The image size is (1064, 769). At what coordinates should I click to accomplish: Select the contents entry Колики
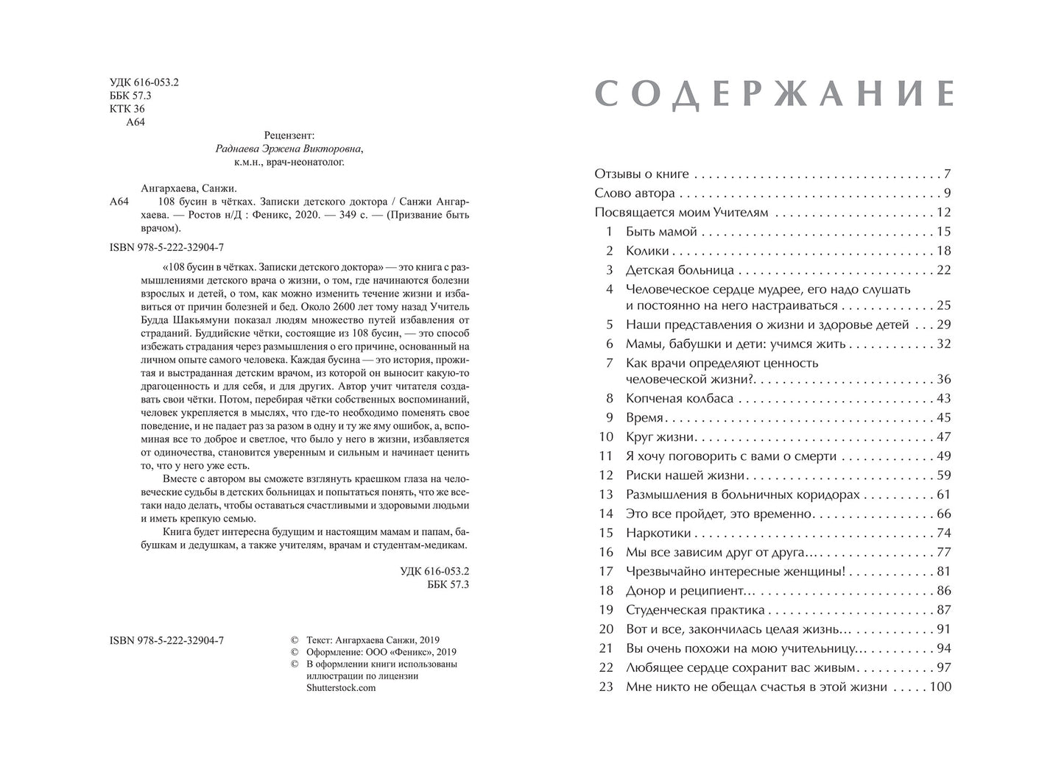click(x=647, y=251)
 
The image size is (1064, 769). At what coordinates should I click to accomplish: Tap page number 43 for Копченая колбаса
click(x=943, y=399)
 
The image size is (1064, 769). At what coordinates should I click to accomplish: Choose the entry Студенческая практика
click(x=695, y=611)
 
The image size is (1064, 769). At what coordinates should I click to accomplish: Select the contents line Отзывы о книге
click(x=641, y=174)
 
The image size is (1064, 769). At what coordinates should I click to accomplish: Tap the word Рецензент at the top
click(x=289, y=135)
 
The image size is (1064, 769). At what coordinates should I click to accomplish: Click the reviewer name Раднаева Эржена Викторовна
click(x=289, y=149)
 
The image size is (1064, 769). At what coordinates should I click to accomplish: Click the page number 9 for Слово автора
click(x=948, y=194)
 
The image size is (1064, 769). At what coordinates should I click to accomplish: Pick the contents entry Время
click(x=645, y=418)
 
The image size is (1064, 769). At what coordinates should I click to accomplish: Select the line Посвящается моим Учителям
click(x=681, y=213)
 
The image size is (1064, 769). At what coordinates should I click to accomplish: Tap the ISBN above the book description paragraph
click(x=166, y=247)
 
